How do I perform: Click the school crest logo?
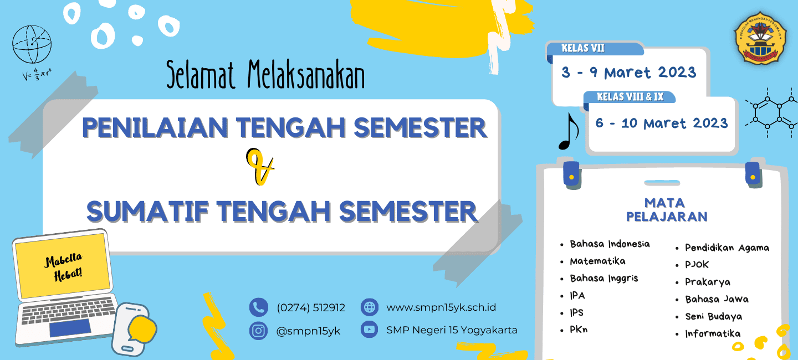pos(760,38)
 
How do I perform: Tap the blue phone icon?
pos(259,307)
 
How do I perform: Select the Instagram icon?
pos(258,331)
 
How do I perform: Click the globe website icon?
pos(370,307)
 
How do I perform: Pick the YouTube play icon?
pos(370,330)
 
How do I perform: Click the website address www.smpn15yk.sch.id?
pos(441,307)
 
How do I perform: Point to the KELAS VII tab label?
pos(583,48)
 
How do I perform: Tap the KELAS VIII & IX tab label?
pos(630,97)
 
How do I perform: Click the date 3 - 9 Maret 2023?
pos(629,73)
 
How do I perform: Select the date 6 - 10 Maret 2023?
pos(662,123)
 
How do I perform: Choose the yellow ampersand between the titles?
pos(260,166)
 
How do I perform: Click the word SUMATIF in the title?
pos(147,211)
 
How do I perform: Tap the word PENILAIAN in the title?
pos(155,127)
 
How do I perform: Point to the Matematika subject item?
pos(597,261)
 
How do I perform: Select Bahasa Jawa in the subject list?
pos(717,299)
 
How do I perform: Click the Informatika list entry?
pos(713,333)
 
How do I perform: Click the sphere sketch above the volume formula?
pos(32,44)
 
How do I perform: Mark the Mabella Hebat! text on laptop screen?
pos(64,267)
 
